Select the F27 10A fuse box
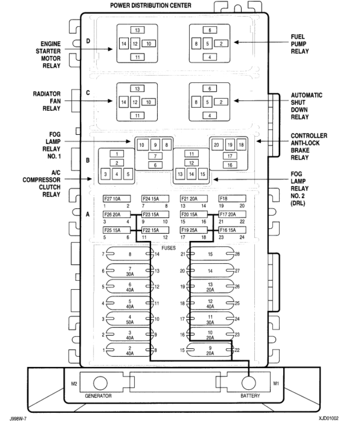(116, 199)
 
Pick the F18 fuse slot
(232, 199)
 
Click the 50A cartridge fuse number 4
(130, 319)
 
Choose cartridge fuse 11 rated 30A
(210, 319)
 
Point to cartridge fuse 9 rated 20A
(210, 351)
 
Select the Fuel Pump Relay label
(301, 44)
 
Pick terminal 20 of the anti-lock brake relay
(216, 145)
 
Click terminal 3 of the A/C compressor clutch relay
(106, 174)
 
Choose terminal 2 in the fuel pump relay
(221, 44)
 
